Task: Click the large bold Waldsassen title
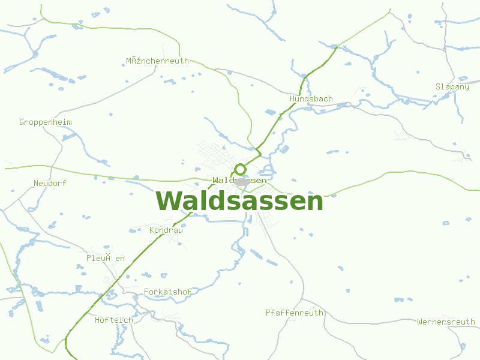239,201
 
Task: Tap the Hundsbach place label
311,98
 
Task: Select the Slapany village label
452,87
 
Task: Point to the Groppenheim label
46,122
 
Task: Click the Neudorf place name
50,183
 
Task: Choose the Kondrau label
166,230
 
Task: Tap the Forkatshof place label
167,292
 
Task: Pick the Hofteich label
114,320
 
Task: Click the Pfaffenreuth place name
294,313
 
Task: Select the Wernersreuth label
446,322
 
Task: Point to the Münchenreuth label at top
157,61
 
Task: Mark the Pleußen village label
106,258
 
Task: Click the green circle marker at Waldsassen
240,169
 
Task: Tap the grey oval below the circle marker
242,181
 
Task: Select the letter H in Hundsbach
292,98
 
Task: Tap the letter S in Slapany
438,87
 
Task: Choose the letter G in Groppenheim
22,122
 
